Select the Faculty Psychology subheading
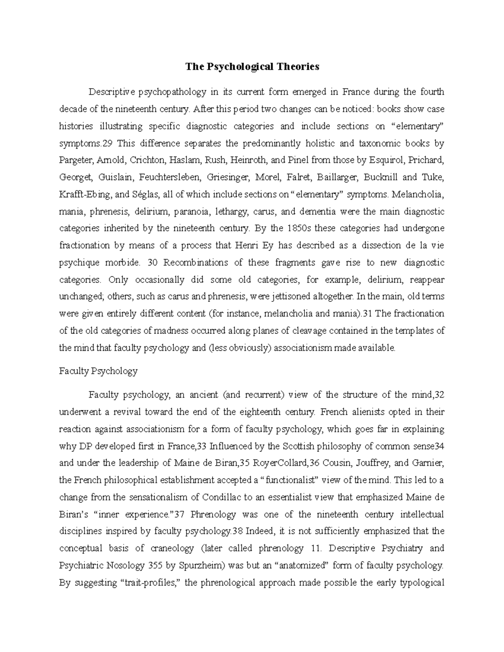pos(98,371)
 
